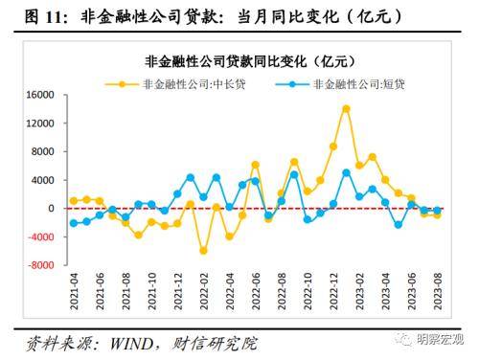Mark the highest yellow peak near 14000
(x=346, y=108)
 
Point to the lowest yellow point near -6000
(x=203, y=251)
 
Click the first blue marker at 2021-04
(x=74, y=223)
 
